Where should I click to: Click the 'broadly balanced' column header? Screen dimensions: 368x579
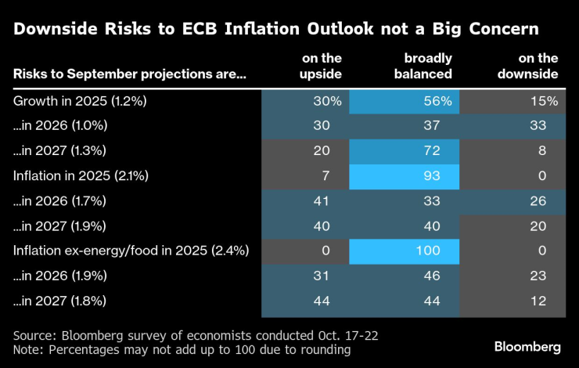(x=428, y=66)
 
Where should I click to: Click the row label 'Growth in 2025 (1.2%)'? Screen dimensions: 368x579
(x=69, y=101)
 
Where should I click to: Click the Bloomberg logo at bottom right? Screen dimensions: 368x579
(x=527, y=346)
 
